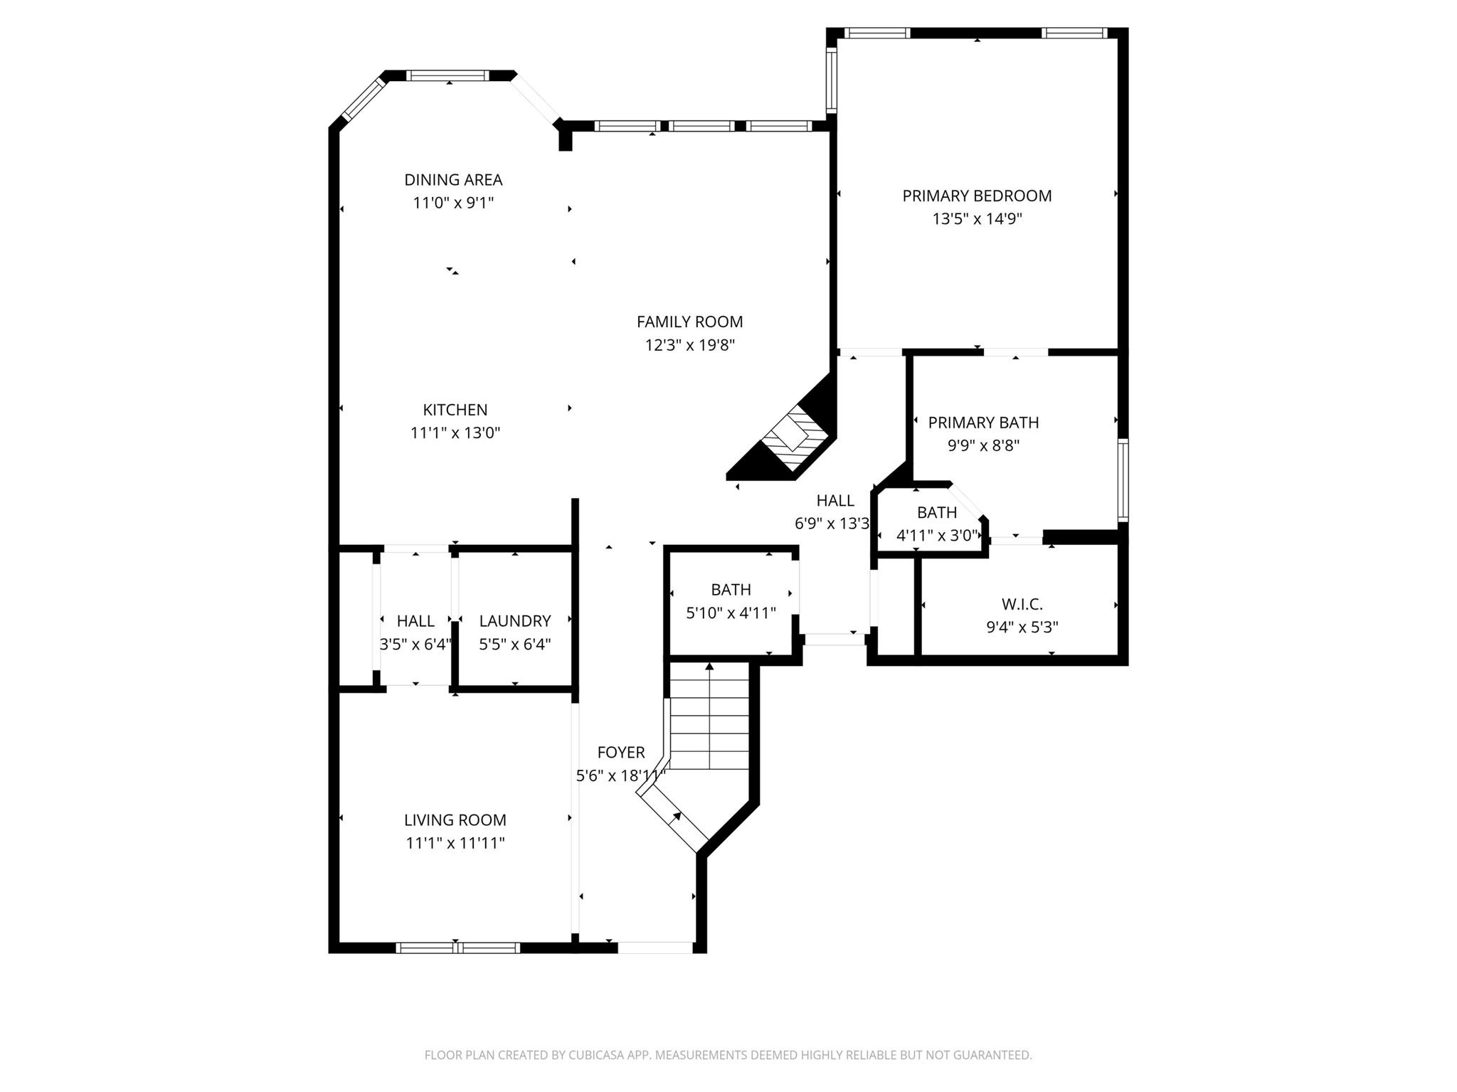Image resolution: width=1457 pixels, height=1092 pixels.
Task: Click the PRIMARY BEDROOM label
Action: coord(977,196)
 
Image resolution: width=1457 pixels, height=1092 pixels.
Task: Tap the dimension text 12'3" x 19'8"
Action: coord(689,345)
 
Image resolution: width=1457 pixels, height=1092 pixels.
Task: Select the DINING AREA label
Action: coord(453,180)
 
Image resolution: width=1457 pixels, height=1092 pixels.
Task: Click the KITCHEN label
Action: coord(455,410)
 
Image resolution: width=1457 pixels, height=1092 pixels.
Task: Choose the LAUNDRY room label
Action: coord(514,621)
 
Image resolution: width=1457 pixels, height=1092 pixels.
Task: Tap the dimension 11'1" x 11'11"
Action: coord(455,843)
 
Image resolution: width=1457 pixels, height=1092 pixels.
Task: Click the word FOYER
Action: coord(620,752)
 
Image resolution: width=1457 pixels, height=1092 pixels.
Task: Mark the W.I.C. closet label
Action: coord(1022,605)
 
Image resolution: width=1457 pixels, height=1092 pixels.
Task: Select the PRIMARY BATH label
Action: coord(983,423)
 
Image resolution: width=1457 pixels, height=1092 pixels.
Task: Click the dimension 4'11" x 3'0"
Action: coord(937,536)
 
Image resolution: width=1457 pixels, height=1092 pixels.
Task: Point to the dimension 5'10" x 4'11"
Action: coord(731,613)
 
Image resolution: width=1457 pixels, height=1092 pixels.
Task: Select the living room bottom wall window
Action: coord(457,948)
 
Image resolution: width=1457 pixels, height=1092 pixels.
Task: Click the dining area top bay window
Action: coord(448,75)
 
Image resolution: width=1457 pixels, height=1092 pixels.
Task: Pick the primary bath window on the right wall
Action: coord(1123,480)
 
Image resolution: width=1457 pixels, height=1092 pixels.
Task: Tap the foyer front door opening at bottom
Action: coord(655,948)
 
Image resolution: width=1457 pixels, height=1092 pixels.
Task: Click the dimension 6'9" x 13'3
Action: coord(832,524)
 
